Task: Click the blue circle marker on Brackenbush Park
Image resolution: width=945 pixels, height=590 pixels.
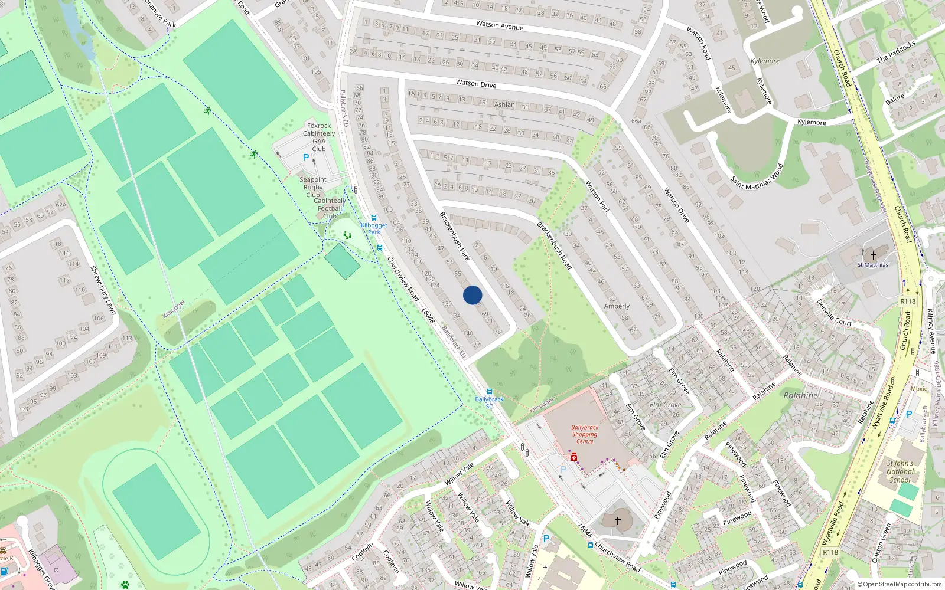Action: [472, 295]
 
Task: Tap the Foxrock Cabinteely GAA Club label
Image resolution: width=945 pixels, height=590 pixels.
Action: [319, 137]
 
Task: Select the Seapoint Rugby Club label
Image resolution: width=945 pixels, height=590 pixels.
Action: [313, 187]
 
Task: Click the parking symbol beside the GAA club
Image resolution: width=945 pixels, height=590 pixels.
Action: [306, 158]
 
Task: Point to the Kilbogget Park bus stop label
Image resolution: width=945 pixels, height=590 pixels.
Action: [374, 228]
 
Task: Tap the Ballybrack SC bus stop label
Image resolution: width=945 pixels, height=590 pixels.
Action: [489, 402]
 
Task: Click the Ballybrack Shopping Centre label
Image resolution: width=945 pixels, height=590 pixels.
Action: [585, 434]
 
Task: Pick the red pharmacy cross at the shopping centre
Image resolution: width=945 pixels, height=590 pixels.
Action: [573, 457]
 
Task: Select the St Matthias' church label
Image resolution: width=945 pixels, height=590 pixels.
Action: [873, 265]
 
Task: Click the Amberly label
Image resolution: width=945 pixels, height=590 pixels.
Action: [617, 306]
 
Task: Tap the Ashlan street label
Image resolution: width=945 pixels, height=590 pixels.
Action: [504, 104]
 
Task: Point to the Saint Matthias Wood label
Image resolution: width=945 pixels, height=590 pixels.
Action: [757, 176]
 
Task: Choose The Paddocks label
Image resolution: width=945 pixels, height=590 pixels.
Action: [896, 52]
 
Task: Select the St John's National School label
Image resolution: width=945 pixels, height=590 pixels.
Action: [900, 471]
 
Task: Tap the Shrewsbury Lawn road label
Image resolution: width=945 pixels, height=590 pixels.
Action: [103, 289]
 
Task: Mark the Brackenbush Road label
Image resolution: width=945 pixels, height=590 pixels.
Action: [554, 245]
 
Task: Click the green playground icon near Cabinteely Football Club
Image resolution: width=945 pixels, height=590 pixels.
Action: [347, 235]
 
